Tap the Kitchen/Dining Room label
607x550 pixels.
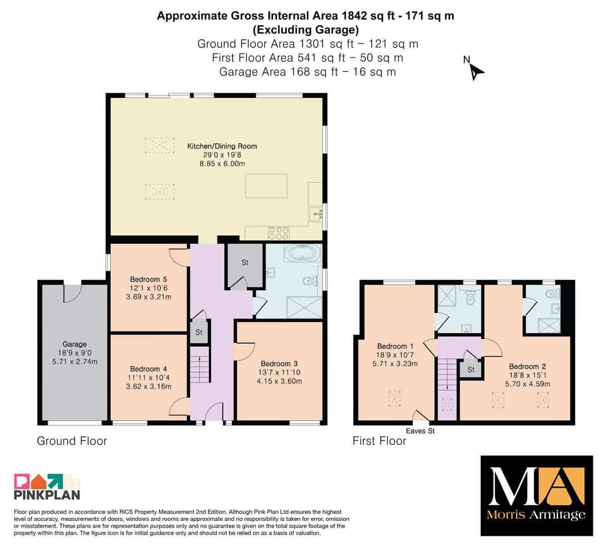pyautogui.click(x=222, y=146)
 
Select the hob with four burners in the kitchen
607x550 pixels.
pyautogui.click(x=279, y=233)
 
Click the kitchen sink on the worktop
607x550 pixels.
pyautogui.click(x=316, y=213)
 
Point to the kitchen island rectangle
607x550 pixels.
pyautogui.click(x=267, y=186)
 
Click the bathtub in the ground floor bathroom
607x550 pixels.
pyautogui.click(x=303, y=253)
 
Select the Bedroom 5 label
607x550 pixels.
pyautogui.click(x=148, y=279)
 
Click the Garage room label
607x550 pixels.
pyautogui.click(x=75, y=344)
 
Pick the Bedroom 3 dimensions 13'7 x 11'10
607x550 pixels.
pyautogui.click(x=279, y=372)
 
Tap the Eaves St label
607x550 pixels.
pyautogui.click(x=420, y=431)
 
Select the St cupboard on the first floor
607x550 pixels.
pyautogui.click(x=470, y=369)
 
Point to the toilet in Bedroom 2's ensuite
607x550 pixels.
pyautogui.click(x=552, y=294)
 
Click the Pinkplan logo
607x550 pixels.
pyautogui.click(x=47, y=486)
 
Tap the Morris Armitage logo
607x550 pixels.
pyautogui.click(x=537, y=496)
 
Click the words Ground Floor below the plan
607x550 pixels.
pyautogui.click(x=72, y=441)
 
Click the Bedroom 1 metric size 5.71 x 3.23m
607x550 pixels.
pyautogui.click(x=395, y=364)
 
